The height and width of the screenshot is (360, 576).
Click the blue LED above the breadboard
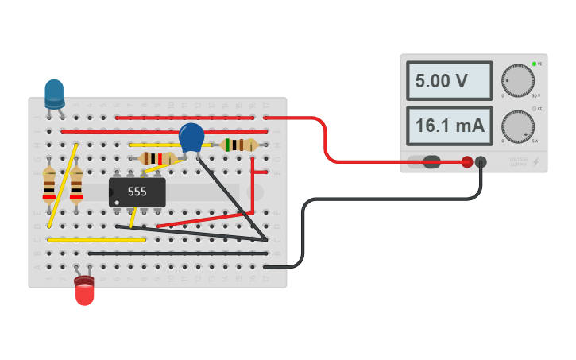coord(54,93)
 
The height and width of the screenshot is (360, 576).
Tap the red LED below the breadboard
coord(84,292)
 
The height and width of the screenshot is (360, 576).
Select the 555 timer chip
coord(137,192)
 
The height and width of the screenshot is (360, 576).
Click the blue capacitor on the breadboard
coord(191,137)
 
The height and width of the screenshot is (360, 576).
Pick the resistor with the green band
coord(239,145)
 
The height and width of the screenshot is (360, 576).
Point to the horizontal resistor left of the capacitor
coord(157,159)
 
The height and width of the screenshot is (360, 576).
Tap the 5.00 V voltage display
coord(448,81)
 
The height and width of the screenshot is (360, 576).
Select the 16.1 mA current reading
coord(448,126)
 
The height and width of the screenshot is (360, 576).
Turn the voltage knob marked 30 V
coord(518,80)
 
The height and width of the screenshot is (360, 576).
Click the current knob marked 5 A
coord(518,126)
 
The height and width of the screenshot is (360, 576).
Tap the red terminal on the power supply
coord(467,162)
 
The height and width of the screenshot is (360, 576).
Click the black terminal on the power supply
coord(481,162)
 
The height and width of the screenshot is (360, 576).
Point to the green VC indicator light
coord(535,64)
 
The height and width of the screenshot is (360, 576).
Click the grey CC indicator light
coord(535,109)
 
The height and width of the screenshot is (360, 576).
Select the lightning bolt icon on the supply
coord(535,162)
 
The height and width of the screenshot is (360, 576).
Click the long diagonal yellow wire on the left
coord(63,184)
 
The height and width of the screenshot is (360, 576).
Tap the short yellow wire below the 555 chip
coord(133,216)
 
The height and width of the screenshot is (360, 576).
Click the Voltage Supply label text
coord(517,162)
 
